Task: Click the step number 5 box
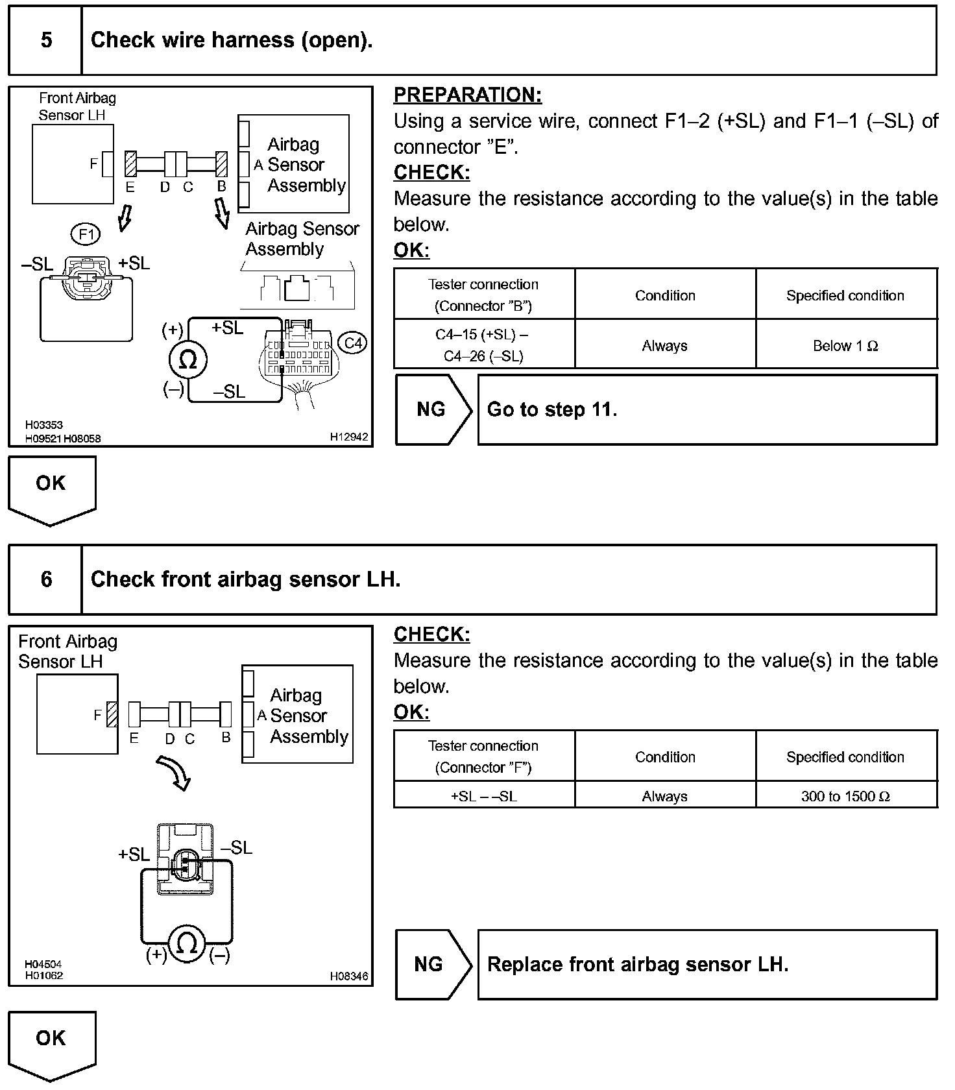(46, 40)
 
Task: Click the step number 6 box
(46, 579)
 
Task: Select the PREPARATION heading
(467, 95)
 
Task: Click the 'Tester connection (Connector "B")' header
(483, 295)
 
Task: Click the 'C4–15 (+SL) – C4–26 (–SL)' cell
(483, 345)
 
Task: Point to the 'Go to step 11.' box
(707, 410)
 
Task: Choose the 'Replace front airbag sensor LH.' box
(707, 965)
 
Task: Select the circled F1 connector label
(86, 234)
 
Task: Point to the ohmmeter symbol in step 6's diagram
(187, 943)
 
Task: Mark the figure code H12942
(349, 437)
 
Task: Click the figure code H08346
(349, 976)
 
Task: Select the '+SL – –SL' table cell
(483, 796)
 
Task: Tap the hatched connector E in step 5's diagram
(130, 164)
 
